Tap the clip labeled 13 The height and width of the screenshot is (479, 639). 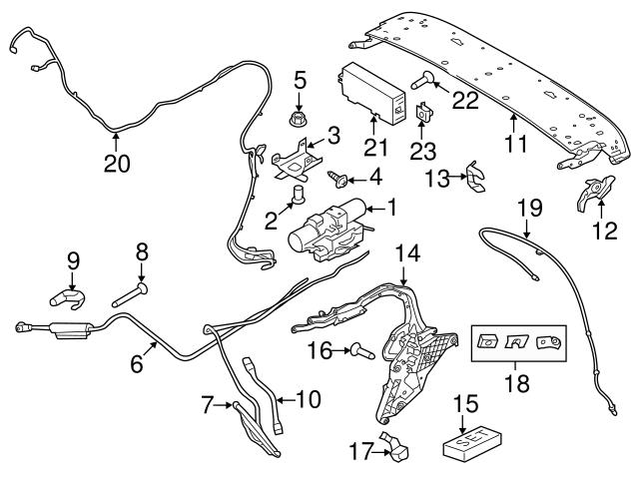pos(477,178)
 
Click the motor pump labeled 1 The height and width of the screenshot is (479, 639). pos(327,228)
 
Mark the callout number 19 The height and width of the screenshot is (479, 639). pos(529,208)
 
